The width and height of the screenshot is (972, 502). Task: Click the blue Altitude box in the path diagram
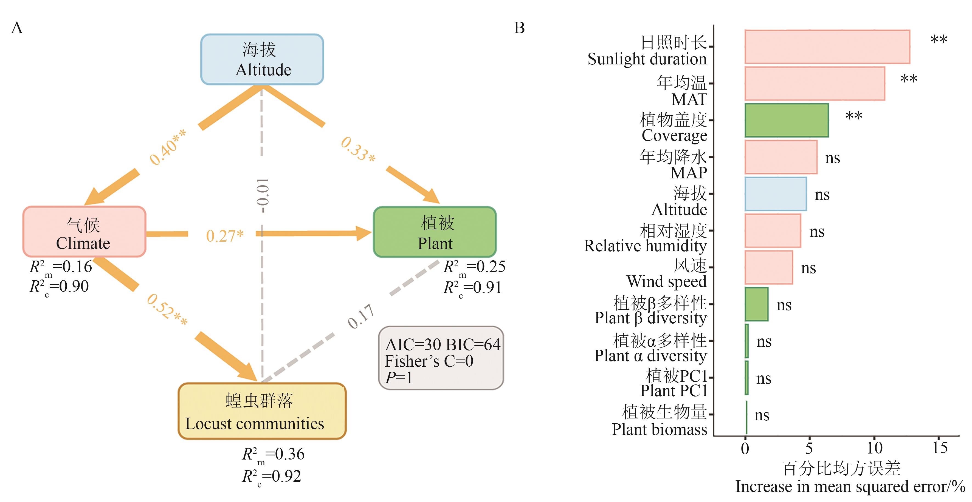262,59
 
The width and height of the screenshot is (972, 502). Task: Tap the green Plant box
435,232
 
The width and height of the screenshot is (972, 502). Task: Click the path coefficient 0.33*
358,149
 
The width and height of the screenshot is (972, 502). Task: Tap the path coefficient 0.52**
167,310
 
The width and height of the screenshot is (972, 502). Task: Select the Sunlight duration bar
827,47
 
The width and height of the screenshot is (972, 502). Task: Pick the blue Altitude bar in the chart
775,194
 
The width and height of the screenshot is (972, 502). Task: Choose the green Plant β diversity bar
756,304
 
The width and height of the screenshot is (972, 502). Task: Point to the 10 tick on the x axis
874,448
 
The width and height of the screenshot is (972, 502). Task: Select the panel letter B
519,28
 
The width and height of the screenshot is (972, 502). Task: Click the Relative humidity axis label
645,238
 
